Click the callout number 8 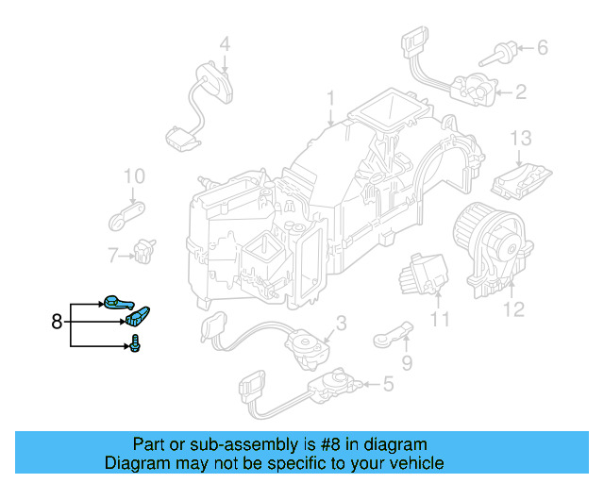(57, 322)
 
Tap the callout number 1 (331, 98)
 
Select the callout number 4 (225, 42)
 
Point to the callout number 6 (542, 46)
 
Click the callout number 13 (522, 138)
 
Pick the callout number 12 (513, 308)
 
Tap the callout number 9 (408, 361)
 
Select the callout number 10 (134, 175)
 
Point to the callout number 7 (112, 255)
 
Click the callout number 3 (341, 323)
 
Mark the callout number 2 (521, 92)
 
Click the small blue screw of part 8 (138, 342)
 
